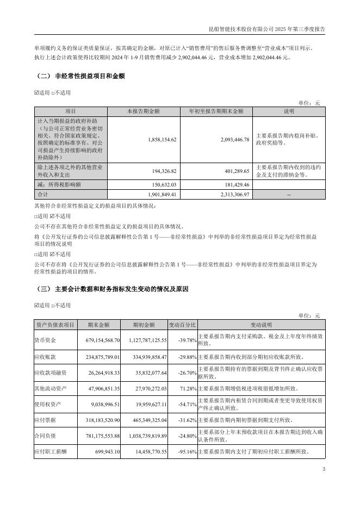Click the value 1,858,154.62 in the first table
point(162,140)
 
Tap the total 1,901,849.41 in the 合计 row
point(162,194)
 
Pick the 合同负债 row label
point(46,436)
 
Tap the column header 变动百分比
point(182,325)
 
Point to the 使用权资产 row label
point(47,405)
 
